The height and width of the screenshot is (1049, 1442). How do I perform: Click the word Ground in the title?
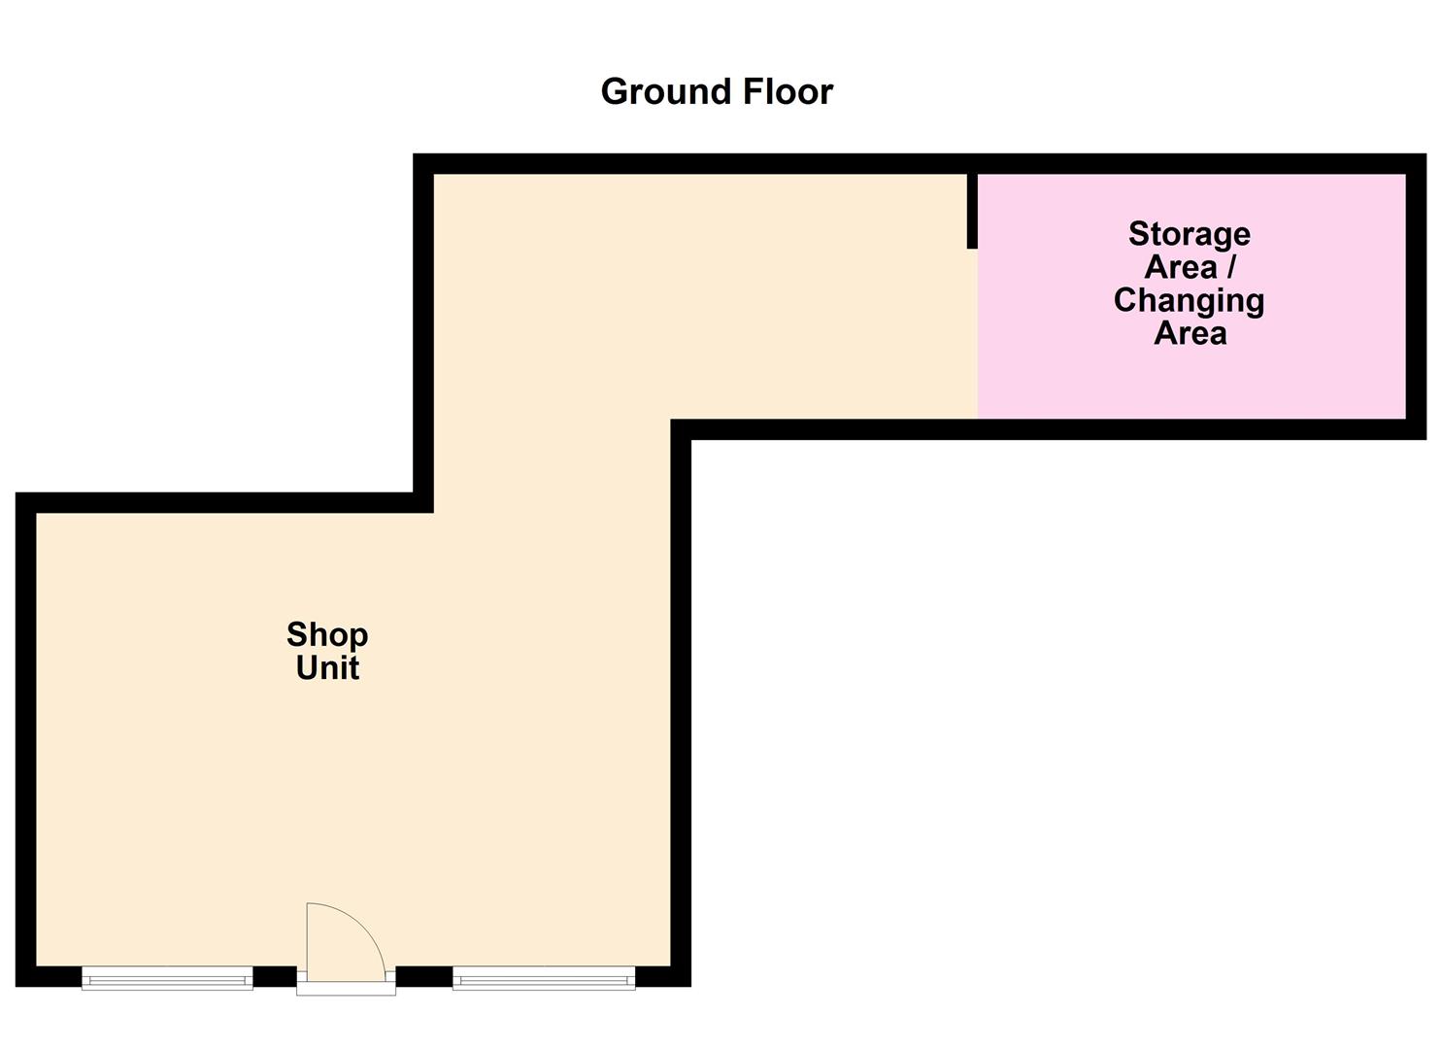[x=667, y=92]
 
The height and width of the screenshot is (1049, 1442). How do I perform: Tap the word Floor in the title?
[x=788, y=91]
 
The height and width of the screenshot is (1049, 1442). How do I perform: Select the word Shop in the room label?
[x=327, y=635]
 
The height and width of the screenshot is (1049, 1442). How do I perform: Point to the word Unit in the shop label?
[x=327, y=668]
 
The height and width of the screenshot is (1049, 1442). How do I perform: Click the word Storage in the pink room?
[x=1189, y=234]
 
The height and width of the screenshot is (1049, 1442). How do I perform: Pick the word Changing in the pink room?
[x=1189, y=300]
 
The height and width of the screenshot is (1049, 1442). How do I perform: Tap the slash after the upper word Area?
[x=1231, y=267]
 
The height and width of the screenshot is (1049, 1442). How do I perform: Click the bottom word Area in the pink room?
[x=1190, y=333]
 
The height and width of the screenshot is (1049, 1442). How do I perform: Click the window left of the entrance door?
[x=167, y=978]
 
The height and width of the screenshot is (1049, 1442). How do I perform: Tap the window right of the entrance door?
[x=544, y=978]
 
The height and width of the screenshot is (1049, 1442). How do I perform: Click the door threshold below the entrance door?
[x=346, y=989]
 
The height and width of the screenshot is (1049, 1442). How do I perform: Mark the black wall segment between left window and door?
[x=275, y=976]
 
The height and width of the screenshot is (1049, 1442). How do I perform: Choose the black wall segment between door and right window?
[x=424, y=976]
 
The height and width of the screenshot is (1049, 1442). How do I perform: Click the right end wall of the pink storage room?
[x=1416, y=296]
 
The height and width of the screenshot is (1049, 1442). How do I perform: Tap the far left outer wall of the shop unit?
[x=26, y=738]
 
